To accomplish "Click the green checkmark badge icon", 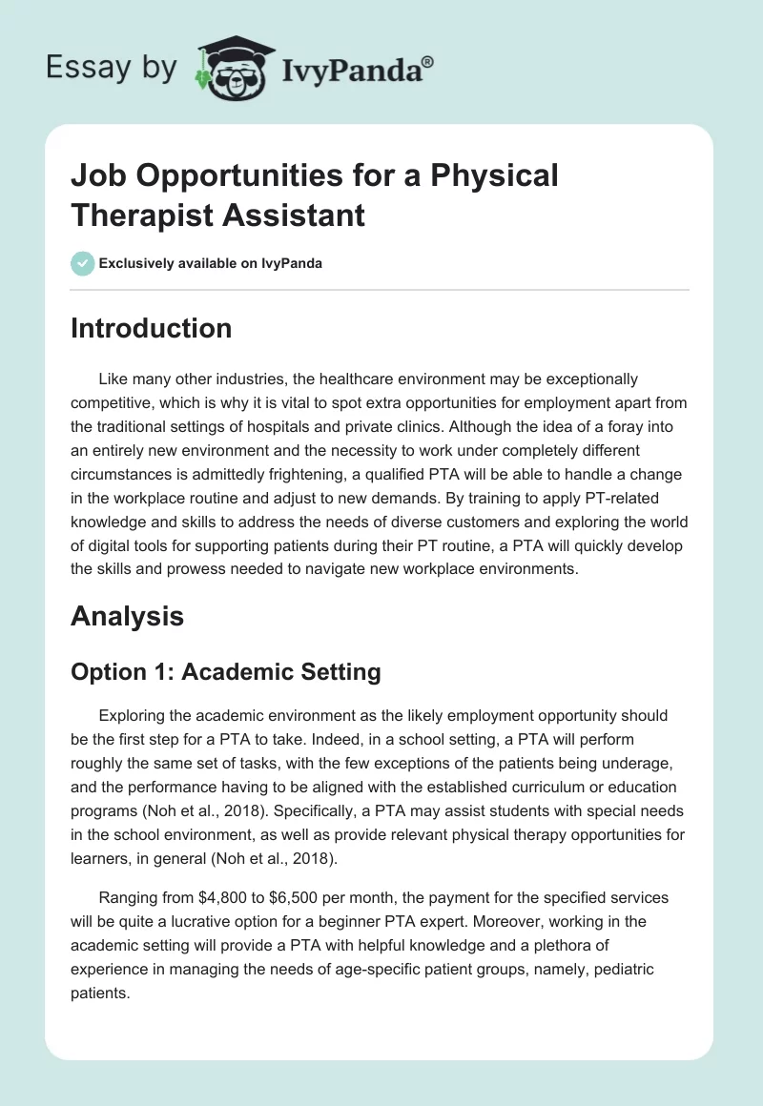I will (x=82, y=263).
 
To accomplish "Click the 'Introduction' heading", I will (x=151, y=328).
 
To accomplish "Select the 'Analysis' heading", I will (x=127, y=616).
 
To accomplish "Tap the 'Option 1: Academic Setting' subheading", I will (x=226, y=672).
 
